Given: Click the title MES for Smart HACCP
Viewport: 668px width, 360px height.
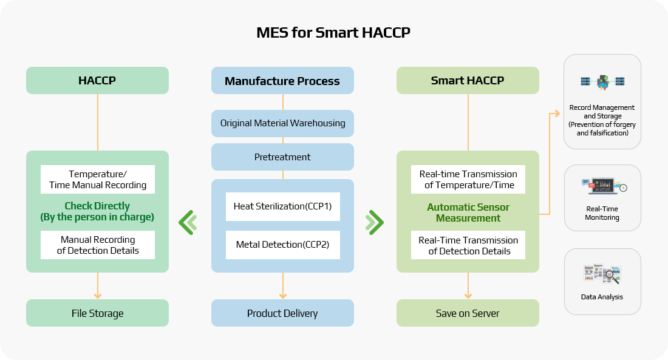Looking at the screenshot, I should coord(333,33).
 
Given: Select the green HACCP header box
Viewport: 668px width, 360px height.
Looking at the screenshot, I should coord(97,80).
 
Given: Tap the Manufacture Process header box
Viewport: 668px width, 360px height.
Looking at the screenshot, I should coord(282,81).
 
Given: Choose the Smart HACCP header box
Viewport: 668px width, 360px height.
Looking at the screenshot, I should coord(468,80).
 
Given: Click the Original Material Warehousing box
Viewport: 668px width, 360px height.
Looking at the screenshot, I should coord(282,123).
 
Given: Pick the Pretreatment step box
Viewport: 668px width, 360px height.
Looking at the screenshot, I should coord(282,157).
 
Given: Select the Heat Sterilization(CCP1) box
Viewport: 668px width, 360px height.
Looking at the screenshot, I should coord(282,206).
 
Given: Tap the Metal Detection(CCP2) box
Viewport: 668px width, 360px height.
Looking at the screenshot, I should coord(282,245).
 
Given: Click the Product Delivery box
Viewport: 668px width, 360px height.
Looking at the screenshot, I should coord(282,313).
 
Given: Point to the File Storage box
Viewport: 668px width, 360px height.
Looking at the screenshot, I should coord(97,313).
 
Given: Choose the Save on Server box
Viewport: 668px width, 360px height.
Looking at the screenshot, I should coord(468,313).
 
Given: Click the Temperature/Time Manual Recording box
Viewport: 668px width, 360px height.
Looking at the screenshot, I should coord(98,179).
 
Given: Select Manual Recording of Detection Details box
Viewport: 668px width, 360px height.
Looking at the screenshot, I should coord(98,245).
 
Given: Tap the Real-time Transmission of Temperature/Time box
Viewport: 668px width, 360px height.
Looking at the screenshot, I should coord(468,179).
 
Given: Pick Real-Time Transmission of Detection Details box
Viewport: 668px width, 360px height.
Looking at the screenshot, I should coord(468,245).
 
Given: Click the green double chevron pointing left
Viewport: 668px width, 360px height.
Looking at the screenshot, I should coord(188,222).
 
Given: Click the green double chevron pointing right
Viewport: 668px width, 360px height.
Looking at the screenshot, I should coord(375,222).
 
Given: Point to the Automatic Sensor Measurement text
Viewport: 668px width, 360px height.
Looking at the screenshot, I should coord(468,212).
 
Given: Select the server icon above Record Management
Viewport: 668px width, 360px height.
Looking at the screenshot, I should coord(602,82).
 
